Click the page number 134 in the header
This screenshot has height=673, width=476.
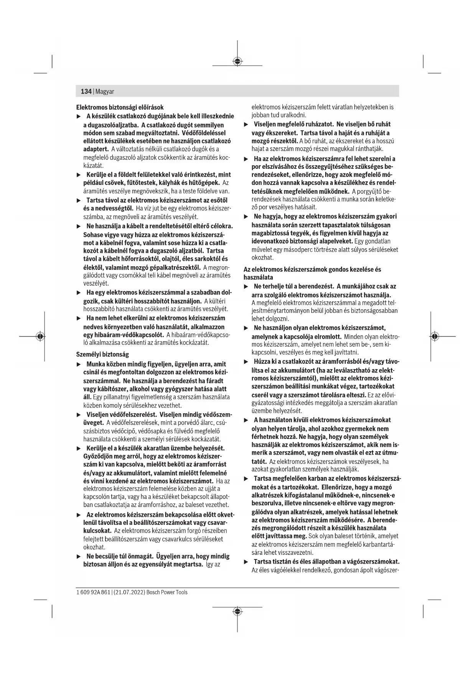(x=86, y=91)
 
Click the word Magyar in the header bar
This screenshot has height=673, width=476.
(x=105, y=92)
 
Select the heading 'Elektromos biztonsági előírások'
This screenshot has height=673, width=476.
(x=120, y=107)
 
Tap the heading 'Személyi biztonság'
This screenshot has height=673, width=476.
(x=102, y=354)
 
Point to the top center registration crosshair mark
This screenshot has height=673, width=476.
(x=237, y=61)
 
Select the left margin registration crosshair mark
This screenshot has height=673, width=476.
(x=40, y=336)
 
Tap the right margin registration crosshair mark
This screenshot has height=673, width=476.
(x=434, y=336)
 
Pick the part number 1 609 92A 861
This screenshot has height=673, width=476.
(x=93, y=592)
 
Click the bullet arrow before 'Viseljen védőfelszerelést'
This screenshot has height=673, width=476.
(x=79, y=415)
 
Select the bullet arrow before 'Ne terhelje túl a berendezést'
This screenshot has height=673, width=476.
(x=246, y=287)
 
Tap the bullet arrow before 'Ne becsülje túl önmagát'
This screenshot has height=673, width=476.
(x=79, y=556)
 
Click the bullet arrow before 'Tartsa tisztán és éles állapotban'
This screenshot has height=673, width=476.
(x=246, y=562)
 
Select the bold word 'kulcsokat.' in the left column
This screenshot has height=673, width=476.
(x=97, y=531)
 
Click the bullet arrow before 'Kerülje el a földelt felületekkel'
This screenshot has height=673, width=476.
(x=79, y=175)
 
